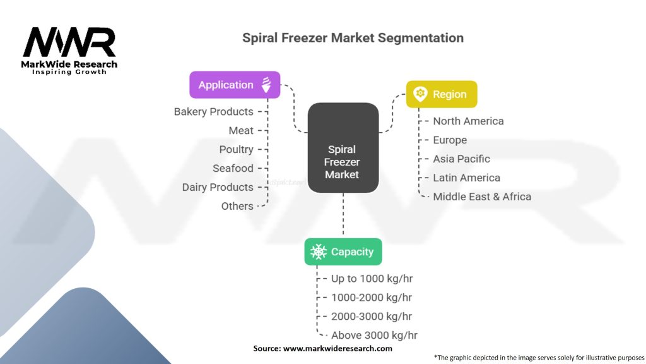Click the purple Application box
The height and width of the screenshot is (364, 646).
tap(235, 85)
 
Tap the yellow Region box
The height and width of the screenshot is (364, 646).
tap(442, 94)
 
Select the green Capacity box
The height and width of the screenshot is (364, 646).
tap(343, 252)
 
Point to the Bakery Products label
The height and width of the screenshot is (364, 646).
tap(213, 112)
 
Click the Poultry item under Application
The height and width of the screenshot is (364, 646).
tap(236, 150)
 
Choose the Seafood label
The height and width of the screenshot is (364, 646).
tap(233, 169)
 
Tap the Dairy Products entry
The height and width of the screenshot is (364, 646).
tap(218, 188)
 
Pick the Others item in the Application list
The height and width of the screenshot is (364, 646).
tap(237, 206)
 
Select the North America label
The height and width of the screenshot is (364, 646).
tap(468, 121)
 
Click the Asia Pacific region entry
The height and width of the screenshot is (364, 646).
tap(461, 159)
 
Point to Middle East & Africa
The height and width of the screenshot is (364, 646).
tap(482, 197)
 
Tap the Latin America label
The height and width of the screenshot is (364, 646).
tap(466, 178)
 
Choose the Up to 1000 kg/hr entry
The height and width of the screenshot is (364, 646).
tap(372, 279)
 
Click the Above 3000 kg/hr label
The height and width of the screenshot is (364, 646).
tap(374, 336)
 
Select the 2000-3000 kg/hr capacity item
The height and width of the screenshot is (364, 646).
tap(372, 317)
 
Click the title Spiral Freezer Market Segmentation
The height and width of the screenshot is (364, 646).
tap(353, 38)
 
